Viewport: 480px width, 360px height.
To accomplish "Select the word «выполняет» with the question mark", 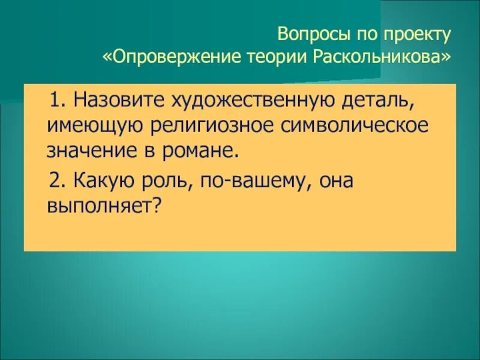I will point(106,206).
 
